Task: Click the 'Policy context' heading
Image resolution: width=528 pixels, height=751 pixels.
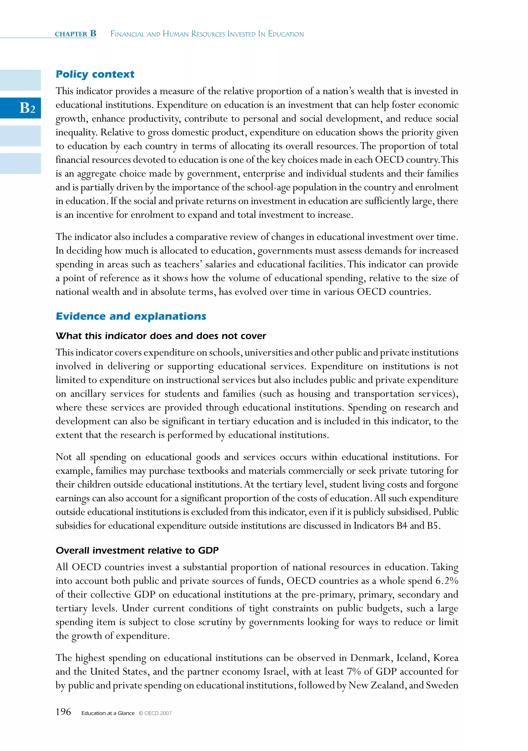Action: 95,74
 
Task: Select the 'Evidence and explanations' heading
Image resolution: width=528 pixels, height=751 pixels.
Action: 131,316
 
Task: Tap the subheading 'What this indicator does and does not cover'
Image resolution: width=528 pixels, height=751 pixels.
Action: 161,336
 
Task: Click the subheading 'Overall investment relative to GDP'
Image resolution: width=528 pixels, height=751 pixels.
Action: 137,550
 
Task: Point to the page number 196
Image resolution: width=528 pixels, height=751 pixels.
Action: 63,712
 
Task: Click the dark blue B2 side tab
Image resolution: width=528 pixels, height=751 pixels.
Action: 20,108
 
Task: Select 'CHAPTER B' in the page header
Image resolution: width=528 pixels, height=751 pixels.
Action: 76,34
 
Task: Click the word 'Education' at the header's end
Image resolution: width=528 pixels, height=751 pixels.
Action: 286,34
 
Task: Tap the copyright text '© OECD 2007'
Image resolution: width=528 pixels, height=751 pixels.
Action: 155,713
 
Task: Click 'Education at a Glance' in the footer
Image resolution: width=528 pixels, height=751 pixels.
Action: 108,713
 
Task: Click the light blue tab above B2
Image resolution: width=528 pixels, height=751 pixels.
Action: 20,80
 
